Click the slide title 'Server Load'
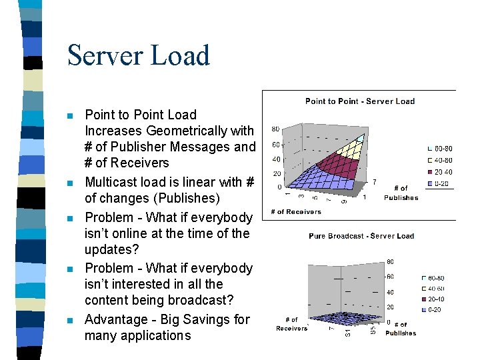pos(139,55)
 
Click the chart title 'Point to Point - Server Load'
pos(360,101)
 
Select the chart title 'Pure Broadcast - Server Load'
pos(361,236)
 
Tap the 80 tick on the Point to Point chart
pos(275,129)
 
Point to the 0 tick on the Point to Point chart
pos(279,187)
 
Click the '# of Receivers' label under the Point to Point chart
pos(295,212)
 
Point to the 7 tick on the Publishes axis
pos(375,181)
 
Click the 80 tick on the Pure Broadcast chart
pos(390,261)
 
